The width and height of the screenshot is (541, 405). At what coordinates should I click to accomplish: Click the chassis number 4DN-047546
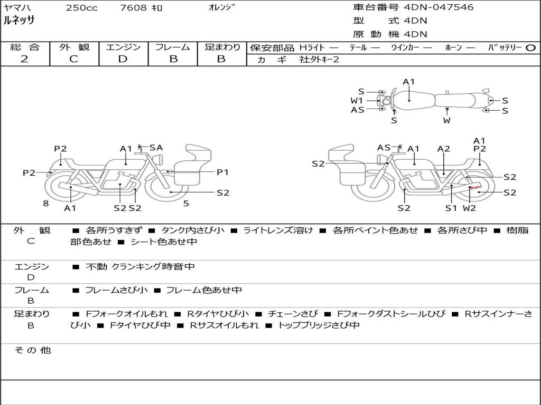[439, 7]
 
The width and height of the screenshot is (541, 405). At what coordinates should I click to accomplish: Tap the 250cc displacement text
[81, 8]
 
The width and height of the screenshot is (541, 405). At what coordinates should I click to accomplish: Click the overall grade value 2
[24, 59]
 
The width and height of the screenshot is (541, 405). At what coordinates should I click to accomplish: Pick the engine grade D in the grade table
[123, 59]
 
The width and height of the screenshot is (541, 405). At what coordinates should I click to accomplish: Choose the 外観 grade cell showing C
[73, 59]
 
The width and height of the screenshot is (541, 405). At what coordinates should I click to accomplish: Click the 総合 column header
[25, 47]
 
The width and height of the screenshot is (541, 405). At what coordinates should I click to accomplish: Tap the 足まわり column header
[222, 47]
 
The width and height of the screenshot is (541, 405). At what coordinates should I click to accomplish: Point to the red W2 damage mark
[475, 187]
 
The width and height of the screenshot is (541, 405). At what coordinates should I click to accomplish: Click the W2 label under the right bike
[470, 208]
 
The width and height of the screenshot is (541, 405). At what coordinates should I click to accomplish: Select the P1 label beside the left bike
[222, 172]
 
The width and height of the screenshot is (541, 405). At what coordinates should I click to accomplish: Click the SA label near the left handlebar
[156, 148]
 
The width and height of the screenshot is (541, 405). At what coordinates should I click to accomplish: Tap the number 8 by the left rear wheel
[46, 203]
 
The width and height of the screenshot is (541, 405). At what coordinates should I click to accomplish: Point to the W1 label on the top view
[357, 100]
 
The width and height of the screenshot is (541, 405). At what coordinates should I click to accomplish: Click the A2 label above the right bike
[444, 149]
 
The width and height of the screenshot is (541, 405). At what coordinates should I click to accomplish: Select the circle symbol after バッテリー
[531, 47]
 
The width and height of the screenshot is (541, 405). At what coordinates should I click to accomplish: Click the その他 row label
[32, 350]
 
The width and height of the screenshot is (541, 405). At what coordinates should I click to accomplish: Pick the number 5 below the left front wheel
[185, 203]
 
